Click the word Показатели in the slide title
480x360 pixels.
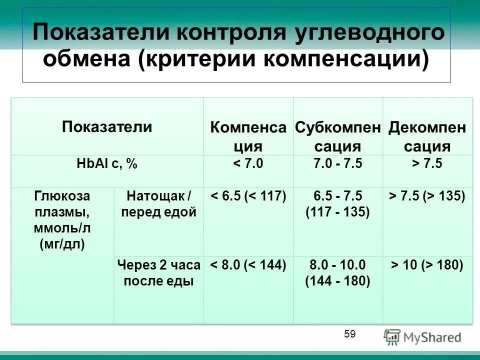[102, 33]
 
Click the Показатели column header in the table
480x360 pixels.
[107, 126]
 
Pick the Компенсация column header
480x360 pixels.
[248, 136]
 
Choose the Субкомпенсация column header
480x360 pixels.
[337, 136]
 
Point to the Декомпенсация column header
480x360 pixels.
[427, 136]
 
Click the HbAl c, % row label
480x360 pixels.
[107, 164]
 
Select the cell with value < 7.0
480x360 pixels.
[248, 164]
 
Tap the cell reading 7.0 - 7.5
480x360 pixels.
[337, 164]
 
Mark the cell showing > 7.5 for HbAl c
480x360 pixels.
[427, 164]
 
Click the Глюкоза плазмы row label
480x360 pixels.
[62, 219]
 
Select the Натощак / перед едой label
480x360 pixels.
[158, 203]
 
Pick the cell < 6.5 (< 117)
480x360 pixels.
[248, 196]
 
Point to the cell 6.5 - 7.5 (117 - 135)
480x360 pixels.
[337, 204]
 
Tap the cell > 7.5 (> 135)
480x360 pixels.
[427, 196]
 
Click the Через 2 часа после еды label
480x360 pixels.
[158, 273]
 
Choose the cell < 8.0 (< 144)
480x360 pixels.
[248, 265]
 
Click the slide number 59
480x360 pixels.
[349, 334]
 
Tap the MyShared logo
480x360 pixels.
[422, 337]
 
